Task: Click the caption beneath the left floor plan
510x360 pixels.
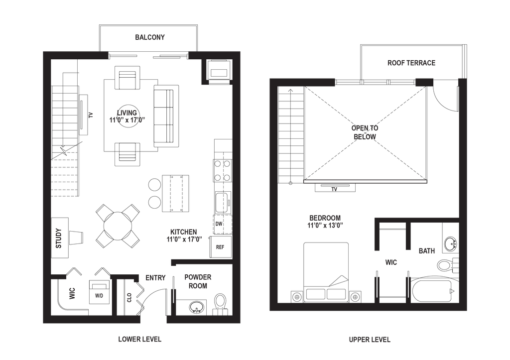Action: (x=140, y=339)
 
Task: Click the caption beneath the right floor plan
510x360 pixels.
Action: (x=369, y=340)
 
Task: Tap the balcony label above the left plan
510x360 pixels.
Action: (x=149, y=38)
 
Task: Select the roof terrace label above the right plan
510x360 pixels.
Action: (x=412, y=63)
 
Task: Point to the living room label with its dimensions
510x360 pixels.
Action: (x=127, y=116)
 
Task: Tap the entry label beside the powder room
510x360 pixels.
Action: (x=155, y=278)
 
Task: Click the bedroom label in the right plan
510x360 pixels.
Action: (x=324, y=221)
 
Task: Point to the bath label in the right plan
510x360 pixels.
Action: (x=427, y=251)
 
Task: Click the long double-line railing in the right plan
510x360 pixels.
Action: (x=365, y=182)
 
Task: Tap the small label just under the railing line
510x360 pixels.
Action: (x=334, y=189)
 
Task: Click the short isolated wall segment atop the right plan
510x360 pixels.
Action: (x=424, y=82)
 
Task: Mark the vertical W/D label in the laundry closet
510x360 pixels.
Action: (x=72, y=294)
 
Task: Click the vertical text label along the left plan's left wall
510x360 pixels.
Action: (x=58, y=238)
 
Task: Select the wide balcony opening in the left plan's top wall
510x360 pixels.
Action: (x=148, y=56)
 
